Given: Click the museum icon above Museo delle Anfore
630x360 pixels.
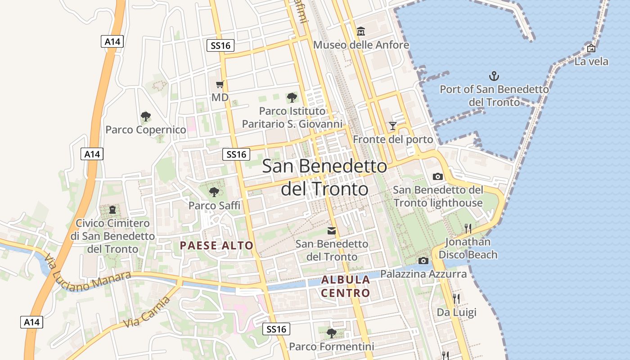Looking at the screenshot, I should coord(361,31).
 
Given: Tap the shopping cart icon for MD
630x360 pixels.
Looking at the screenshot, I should coord(220,84).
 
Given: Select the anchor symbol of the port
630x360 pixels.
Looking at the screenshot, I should coord(494,76).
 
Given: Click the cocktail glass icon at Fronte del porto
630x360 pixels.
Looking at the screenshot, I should coord(393,126).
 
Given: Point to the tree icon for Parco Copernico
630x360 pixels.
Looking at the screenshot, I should coord(145,117).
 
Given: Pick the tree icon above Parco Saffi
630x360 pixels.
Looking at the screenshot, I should coord(214,192).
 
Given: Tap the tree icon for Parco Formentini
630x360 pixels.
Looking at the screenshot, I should coord(332,333).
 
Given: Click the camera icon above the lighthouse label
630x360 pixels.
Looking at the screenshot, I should coord(437,176).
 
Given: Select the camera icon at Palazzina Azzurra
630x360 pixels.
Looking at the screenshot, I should coord(423,261).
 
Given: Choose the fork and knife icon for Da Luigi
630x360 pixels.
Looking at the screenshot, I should coord(456,299).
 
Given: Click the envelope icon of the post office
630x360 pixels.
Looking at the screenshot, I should coord(332,231).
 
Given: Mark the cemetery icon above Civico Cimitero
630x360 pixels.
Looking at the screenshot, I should coord(112,210).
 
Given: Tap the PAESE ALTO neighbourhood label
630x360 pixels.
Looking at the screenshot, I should coord(216,246).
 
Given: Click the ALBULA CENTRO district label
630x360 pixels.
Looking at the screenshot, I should coord(346,287).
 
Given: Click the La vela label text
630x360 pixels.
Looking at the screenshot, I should coord(591,62).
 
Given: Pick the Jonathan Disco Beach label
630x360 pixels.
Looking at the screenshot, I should coord(468,248).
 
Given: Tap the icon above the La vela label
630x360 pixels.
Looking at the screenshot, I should coord(591,48).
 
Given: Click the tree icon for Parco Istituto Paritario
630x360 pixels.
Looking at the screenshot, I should coord(292,98).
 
